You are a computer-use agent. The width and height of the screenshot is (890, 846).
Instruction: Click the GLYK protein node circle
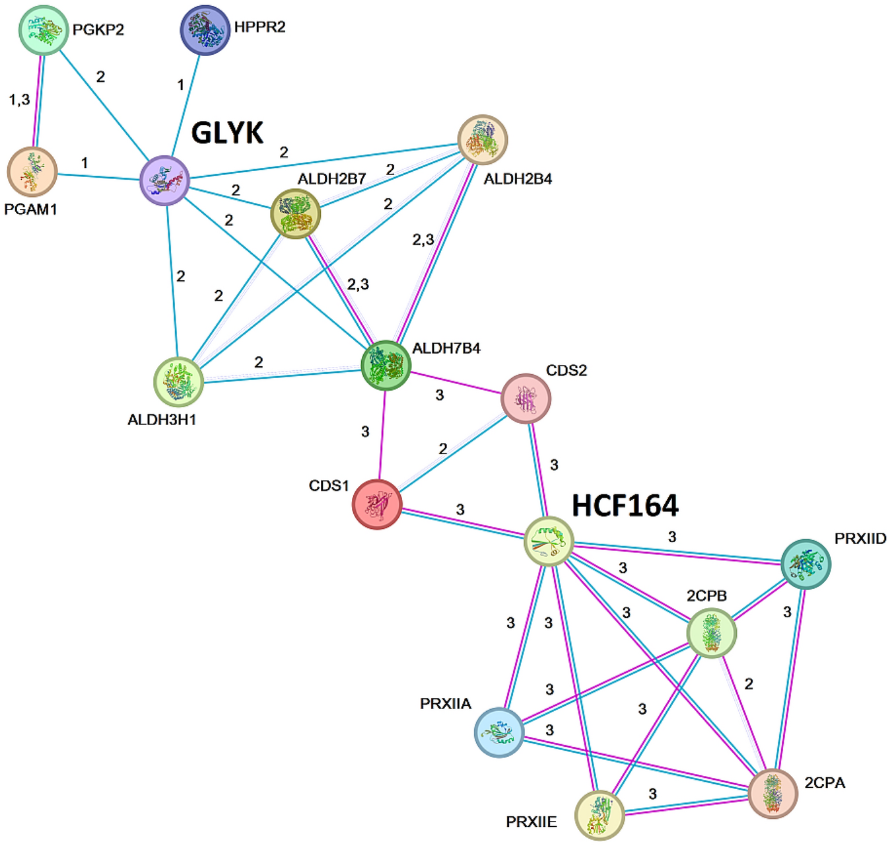coord(165,180)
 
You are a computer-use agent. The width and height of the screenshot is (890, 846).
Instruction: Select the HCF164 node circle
coord(549,541)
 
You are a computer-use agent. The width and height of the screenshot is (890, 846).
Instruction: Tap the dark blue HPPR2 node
coord(205,30)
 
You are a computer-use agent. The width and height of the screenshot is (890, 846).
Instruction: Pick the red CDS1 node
coord(377,504)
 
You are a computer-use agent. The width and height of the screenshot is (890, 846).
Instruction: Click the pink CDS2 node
coord(526,399)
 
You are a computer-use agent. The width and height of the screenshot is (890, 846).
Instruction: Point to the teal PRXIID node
coord(805,564)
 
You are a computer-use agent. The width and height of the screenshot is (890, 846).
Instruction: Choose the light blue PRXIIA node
coord(499,732)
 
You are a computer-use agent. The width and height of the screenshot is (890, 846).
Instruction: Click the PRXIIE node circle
coord(599,814)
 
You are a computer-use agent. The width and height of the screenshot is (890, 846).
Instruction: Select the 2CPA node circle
coord(772,793)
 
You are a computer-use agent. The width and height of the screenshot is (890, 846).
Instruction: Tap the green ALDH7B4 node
coord(386,365)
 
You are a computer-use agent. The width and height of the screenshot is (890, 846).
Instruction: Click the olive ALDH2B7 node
coord(296,213)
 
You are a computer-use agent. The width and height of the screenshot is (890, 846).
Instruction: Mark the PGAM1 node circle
coord(32,172)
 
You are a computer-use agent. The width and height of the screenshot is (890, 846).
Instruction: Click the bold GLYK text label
coord(227,133)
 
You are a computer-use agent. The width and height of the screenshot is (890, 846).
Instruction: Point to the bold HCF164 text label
coord(625,506)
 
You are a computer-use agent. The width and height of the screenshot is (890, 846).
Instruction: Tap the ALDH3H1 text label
coord(162,420)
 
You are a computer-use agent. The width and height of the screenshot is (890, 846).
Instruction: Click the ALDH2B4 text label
coord(518,179)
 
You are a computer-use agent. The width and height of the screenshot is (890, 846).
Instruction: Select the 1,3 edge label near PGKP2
coord(19,100)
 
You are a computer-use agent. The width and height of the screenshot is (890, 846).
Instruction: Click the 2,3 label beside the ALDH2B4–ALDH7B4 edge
coord(423,240)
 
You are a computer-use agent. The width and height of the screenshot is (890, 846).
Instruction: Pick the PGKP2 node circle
coord(44,30)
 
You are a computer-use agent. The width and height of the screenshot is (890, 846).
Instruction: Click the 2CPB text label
coord(706,596)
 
